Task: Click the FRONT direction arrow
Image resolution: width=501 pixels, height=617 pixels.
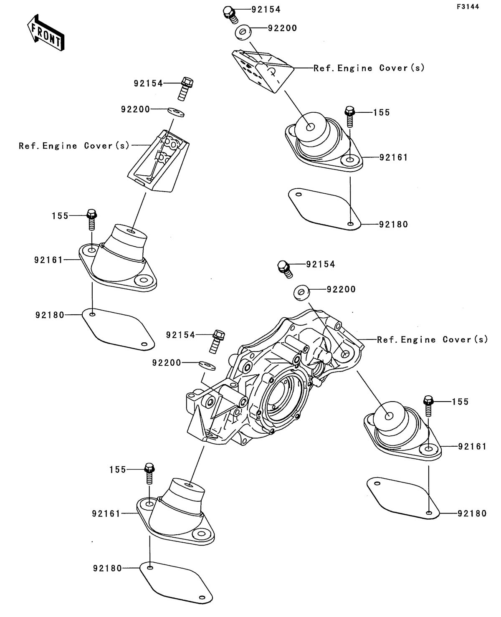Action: (46, 33)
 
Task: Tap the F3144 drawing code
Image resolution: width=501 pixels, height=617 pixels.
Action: (468, 7)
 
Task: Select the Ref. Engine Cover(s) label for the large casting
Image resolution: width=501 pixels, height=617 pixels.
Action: (433, 339)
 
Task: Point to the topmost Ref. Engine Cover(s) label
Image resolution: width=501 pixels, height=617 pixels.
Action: (369, 68)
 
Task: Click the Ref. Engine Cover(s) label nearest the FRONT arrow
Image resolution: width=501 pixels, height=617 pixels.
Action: (74, 146)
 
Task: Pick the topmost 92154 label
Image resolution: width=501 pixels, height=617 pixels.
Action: (266, 10)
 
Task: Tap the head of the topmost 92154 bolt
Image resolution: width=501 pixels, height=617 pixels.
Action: (228, 11)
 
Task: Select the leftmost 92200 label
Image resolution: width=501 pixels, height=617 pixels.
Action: (135, 109)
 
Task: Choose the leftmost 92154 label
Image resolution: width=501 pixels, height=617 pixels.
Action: (148, 84)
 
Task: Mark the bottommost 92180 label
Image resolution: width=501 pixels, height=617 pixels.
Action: (107, 568)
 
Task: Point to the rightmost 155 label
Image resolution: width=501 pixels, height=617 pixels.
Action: (460, 402)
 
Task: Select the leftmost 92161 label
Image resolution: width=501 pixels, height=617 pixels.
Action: (48, 260)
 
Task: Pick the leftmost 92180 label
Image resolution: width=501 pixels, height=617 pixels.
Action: (50, 315)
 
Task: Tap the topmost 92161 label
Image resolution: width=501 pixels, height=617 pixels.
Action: (393, 157)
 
